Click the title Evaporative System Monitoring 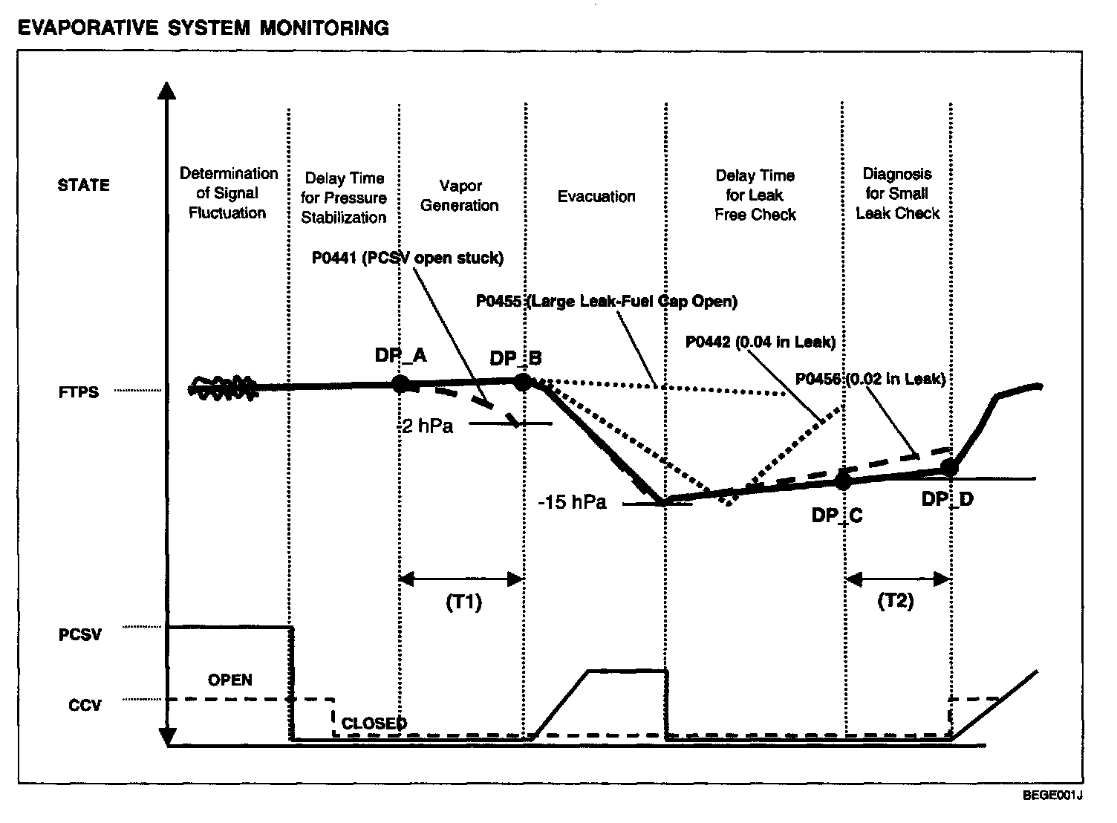tap(203, 28)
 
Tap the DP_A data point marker tap(400, 383)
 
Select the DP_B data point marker tap(523, 382)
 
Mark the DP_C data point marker tap(843, 480)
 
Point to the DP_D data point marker tap(949, 467)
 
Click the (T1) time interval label tap(463, 602)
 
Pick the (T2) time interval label tap(896, 601)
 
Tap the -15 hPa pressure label tap(572, 502)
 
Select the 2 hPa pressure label tap(427, 426)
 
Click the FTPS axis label tap(79, 392)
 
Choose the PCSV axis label tap(80, 636)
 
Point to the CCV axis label tap(85, 705)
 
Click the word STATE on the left tap(83, 185)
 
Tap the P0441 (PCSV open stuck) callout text tap(408, 258)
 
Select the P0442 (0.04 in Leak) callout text tap(761, 342)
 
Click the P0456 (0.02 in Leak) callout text tap(870, 379)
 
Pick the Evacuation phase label tap(596, 197)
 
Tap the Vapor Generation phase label tap(460, 195)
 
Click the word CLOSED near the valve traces tap(374, 723)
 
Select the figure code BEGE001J tap(1052, 796)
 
